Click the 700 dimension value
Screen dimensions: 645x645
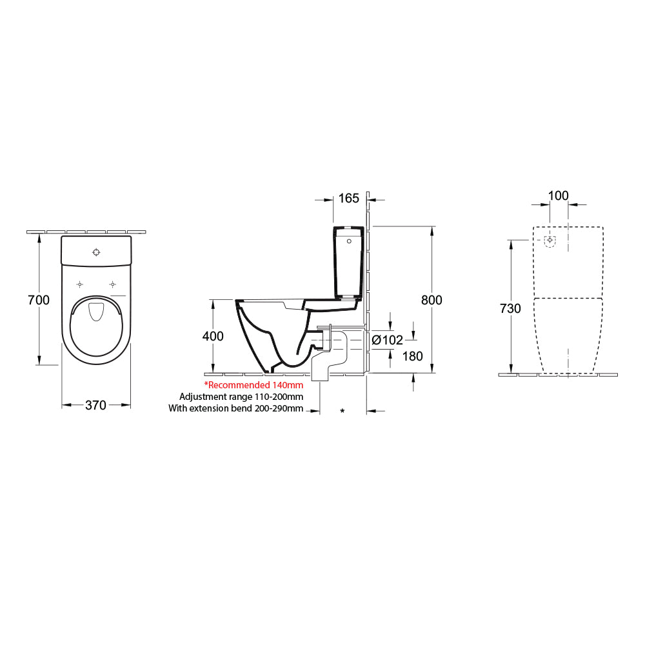[39, 299]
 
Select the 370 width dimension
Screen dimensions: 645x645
[96, 405]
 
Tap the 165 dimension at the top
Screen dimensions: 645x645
[348, 199]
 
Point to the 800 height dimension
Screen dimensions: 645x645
[432, 300]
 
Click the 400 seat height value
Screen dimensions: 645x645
[213, 336]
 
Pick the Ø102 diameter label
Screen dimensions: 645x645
[387, 340]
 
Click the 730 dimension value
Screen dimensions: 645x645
[510, 308]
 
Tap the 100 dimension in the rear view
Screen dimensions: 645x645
[558, 195]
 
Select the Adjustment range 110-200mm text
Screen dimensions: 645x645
[241, 397]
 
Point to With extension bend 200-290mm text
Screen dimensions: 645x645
[235, 408]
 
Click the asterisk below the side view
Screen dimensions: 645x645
[342, 411]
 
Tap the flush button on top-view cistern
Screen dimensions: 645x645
[96, 252]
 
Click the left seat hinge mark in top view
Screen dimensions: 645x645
[79, 284]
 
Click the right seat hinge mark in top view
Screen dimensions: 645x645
[113, 284]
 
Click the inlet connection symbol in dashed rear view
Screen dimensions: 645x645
[550, 241]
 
